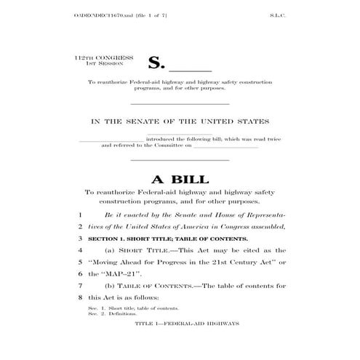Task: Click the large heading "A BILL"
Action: click(180, 179)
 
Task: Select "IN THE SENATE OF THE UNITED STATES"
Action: click(180, 121)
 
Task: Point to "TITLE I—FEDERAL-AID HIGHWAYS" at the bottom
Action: click(180, 320)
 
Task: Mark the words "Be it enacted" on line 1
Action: click(124, 216)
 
